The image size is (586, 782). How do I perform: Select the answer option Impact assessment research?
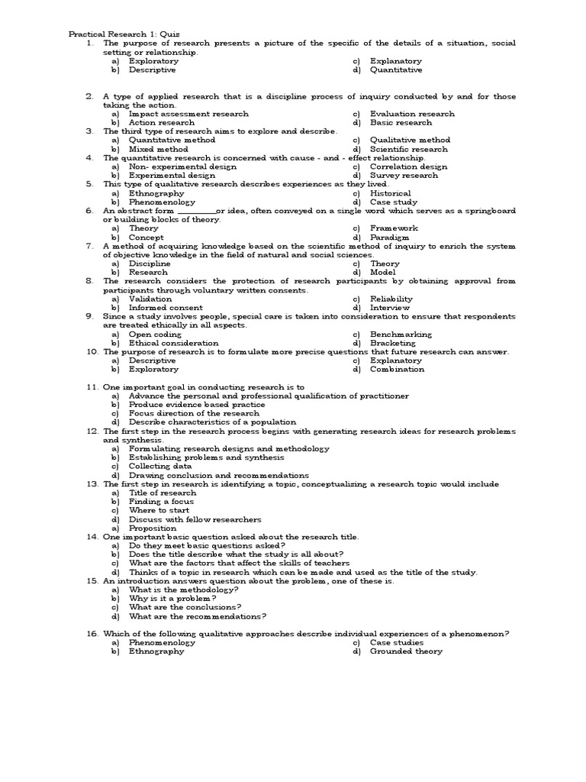pos(188,114)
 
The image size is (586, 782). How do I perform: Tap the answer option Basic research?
pos(401,122)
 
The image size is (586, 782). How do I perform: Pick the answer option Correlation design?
pos(408,166)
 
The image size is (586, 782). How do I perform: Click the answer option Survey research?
pos(404,175)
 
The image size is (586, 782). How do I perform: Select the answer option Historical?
pos(390,193)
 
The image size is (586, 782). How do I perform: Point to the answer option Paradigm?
pos(390,238)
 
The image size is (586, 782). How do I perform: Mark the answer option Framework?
pos(394,228)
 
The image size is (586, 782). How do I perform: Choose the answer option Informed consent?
pos(166,308)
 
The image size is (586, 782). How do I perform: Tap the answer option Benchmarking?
pos(401,334)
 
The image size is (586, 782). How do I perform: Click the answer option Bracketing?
pos(393,343)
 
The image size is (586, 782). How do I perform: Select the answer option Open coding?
pos(155,334)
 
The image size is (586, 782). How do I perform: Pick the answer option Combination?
pos(397,370)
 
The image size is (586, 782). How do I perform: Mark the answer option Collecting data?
pos(160,466)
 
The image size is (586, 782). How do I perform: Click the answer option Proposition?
pos(153,528)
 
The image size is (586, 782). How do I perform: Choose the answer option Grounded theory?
pos(406,651)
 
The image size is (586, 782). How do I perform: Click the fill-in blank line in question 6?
pos(196,212)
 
